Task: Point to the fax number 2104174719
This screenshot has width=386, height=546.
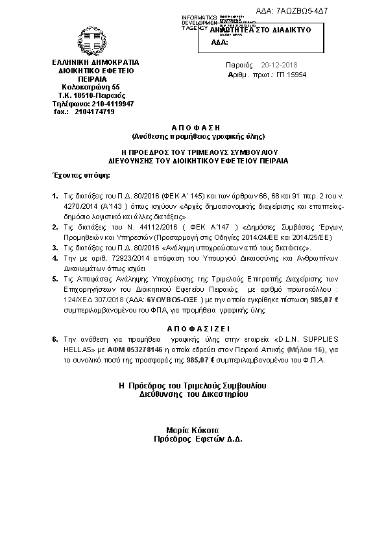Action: [x=94, y=112]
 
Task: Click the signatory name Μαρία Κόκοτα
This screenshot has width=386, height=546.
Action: [x=193, y=429]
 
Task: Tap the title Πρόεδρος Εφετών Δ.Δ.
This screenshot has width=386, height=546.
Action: [x=193, y=439]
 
